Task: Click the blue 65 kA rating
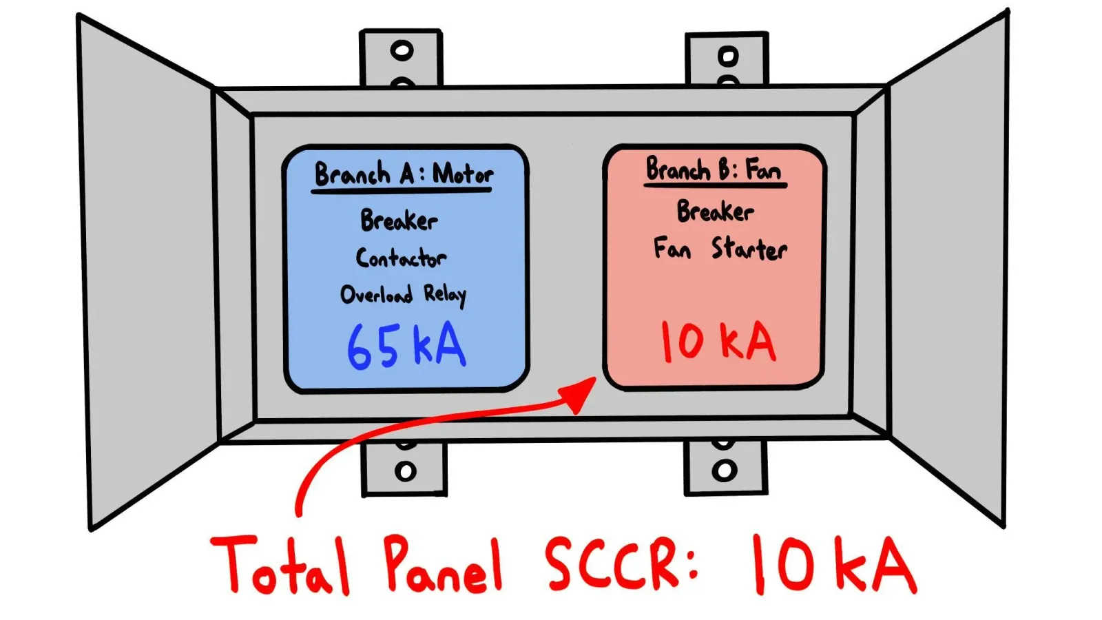click(x=406, y=347)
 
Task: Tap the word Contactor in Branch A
click(x=401, y=258)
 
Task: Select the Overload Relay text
click(x=403, y=296)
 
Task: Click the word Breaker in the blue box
click(x=399, y=220)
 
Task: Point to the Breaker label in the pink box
click(x=716, y=211)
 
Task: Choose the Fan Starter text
click(x=720, y=249)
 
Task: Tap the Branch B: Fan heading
click(x=714, y=169)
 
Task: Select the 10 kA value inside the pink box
click(x=718, y=342)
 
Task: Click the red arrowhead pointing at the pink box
click(x=578, y=395)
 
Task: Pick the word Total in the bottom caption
click(x=280, y=564)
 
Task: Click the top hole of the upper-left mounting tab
click(x=402, y=51)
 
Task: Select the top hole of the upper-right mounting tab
click(x=728, y=56)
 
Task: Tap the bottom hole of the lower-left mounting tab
click(x=406, y=471)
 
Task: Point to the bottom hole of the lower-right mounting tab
click(x=725, y=471)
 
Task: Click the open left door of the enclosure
click(x=147, y=273)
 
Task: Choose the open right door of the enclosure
click(x=947, y=268)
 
